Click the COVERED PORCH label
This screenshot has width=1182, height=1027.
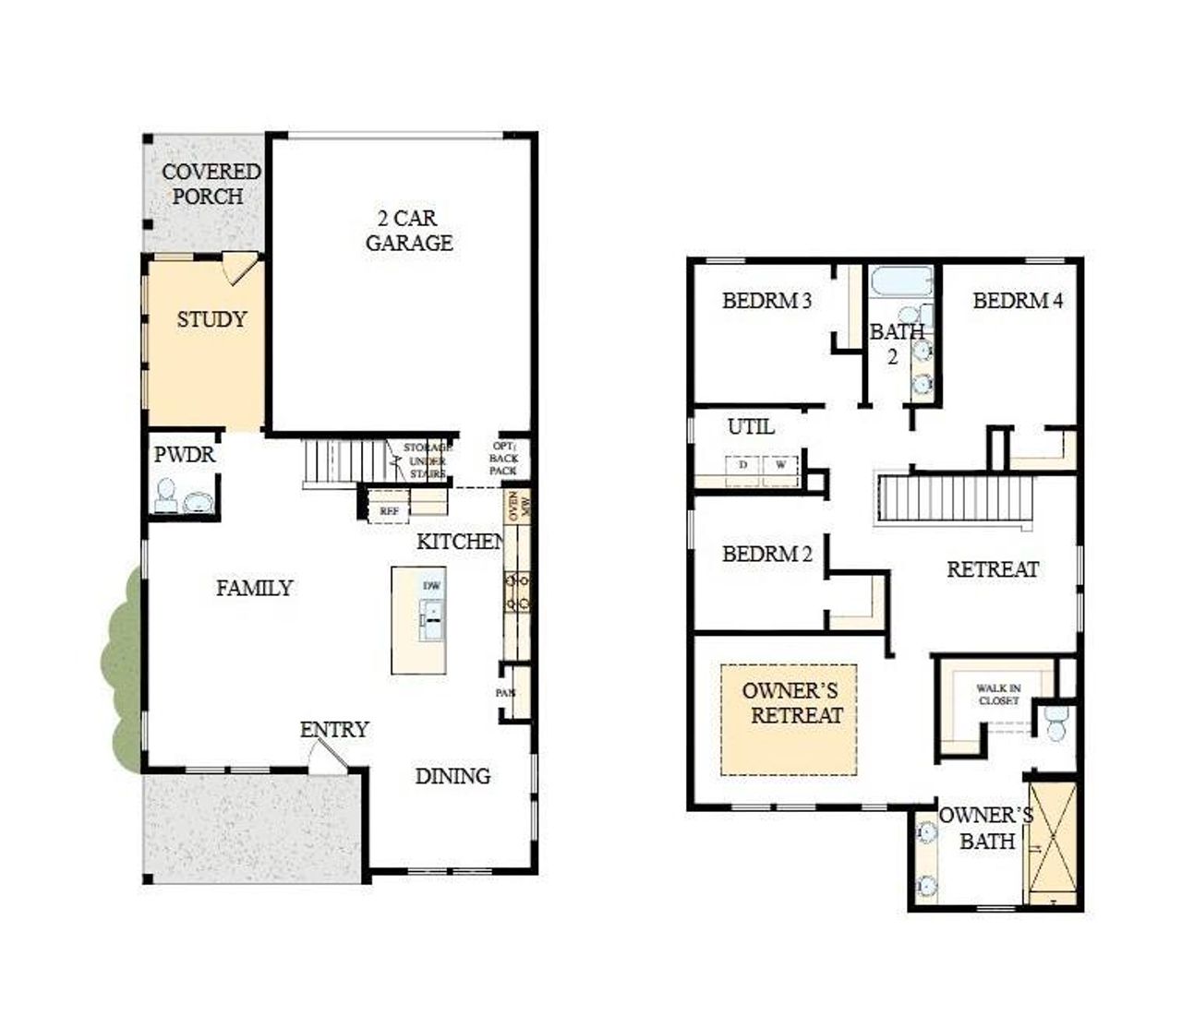pyautogui.click(x=211, y=184)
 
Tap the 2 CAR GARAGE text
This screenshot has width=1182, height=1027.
pyautogui.click(x=408, y=231)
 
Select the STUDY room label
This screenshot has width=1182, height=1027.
pyautogui.click(x=211, y=319)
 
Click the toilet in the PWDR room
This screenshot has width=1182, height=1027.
pyautogui.click(x=166, y=496)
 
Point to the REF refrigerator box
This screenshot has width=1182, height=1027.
pyautogui.click(x=389, y=510)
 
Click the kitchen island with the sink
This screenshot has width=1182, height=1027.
pyautogui.click(x=418, y=620)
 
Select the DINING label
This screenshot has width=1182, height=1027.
pyautogui.click(x=452, y=776)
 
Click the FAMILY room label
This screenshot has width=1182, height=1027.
pyautogui.click(x=254, y=588)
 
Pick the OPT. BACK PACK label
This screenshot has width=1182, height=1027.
pyautogui.click(x=503, y=459)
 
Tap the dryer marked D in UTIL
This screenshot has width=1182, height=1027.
pyautogui.click(x=742, y=467)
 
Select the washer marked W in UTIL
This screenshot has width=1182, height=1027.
pyautogui.click(x=781, y=467)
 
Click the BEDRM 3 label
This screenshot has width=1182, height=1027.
pyautogui.click(x=766, y=300)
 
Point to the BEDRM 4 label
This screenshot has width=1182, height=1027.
pyautogui.click(x=1017, y=300)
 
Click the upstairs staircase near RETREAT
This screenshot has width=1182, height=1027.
pyautogui.click(x=955, y=498)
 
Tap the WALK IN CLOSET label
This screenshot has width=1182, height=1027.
pyautogui.click(x=998, y=694)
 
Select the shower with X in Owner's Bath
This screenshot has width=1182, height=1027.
pyautogui.click(x=1053, y=842)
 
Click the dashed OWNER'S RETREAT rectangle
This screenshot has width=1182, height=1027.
pyautogui.click(x=789, y=720)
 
